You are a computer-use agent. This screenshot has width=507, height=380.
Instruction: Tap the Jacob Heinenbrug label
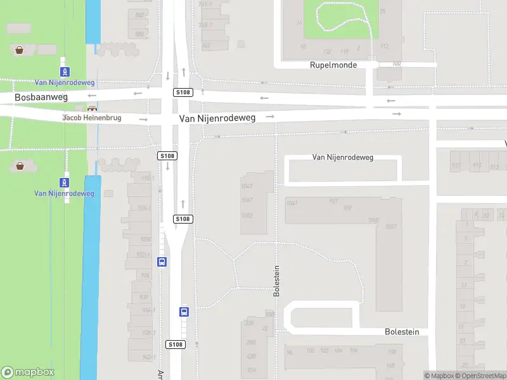click(91, 118)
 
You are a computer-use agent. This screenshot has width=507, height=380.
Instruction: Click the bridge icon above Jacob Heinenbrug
click(93, 109)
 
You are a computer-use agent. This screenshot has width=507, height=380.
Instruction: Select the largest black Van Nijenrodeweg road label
click(217, 118)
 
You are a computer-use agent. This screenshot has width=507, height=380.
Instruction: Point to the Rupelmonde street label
click(333, 65)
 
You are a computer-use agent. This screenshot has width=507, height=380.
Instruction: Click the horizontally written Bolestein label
click(402, 332)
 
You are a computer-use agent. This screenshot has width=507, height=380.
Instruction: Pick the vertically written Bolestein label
click(276, 281)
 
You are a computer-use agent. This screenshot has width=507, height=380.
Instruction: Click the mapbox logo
click(28, 372)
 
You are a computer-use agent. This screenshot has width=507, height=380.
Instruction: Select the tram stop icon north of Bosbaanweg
click(65, 72)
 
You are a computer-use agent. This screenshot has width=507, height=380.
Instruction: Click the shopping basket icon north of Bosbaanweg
click(20, 50)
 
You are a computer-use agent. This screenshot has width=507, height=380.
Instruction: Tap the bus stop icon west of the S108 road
click(162, 262)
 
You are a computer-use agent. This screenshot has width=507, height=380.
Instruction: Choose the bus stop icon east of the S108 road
click(184, 312)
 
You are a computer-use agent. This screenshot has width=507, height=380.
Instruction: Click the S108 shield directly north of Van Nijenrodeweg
click(183, 92)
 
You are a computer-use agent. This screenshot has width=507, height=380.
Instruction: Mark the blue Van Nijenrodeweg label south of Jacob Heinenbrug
click(64, 194)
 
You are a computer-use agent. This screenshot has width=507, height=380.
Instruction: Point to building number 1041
click(292, 203)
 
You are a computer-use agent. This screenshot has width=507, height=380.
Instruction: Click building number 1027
click(390, 227)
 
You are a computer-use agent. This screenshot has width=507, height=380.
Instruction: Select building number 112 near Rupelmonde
click(383, 46)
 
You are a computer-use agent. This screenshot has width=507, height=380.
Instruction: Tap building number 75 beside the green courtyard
click(382, 12)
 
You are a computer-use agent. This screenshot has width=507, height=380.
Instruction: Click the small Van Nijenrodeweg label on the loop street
click(343, 157)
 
